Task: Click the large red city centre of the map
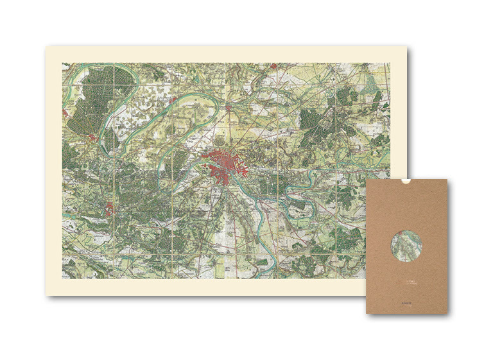click(x=221, y=166)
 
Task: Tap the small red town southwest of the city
click(x=110, y=209)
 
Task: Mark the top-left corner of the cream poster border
click(x=46, y=46)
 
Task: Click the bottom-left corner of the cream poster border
click(x=46, y=295)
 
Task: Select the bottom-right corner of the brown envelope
click(x=447, y=313)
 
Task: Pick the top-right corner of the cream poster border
click(x=407, y=46)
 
